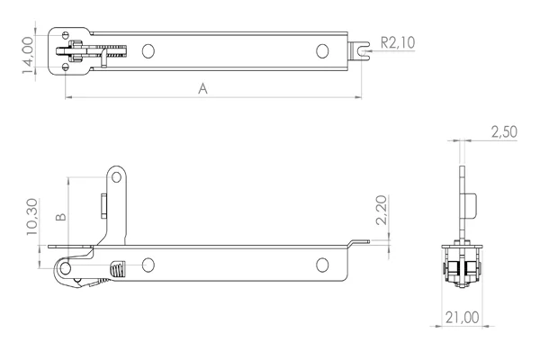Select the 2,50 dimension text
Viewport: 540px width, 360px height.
coord(504,132)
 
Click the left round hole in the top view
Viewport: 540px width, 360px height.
coord(149,51)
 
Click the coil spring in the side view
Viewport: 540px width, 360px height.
coord(116,269)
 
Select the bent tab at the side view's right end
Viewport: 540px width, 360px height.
coord(358,243)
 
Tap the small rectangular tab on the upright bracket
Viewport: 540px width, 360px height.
coord(103,203)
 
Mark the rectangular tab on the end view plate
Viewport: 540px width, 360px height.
coord(470,204)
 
